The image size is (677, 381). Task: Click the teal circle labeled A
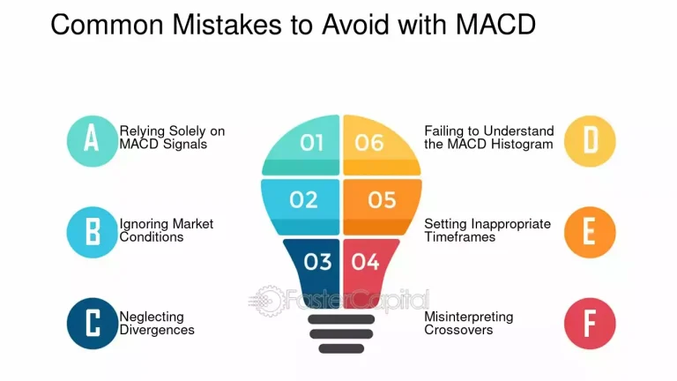93,140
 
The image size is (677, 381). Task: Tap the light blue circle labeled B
93,232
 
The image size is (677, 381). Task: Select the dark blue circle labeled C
93,324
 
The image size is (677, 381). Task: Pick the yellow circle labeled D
589,140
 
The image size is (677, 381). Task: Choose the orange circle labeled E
589,232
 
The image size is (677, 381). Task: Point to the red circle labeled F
589,324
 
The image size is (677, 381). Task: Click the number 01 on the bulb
312,142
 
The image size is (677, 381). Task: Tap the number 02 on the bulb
303,200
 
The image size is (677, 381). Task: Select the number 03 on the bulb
317,261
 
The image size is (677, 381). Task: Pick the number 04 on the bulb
364,261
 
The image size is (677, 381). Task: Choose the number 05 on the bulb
382,200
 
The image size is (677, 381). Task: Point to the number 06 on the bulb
369,142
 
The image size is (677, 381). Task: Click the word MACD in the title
495,24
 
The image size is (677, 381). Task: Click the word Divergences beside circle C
157,330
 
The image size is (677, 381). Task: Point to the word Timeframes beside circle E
459,236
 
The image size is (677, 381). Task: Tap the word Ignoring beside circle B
143,224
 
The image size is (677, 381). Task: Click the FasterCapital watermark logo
339,300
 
